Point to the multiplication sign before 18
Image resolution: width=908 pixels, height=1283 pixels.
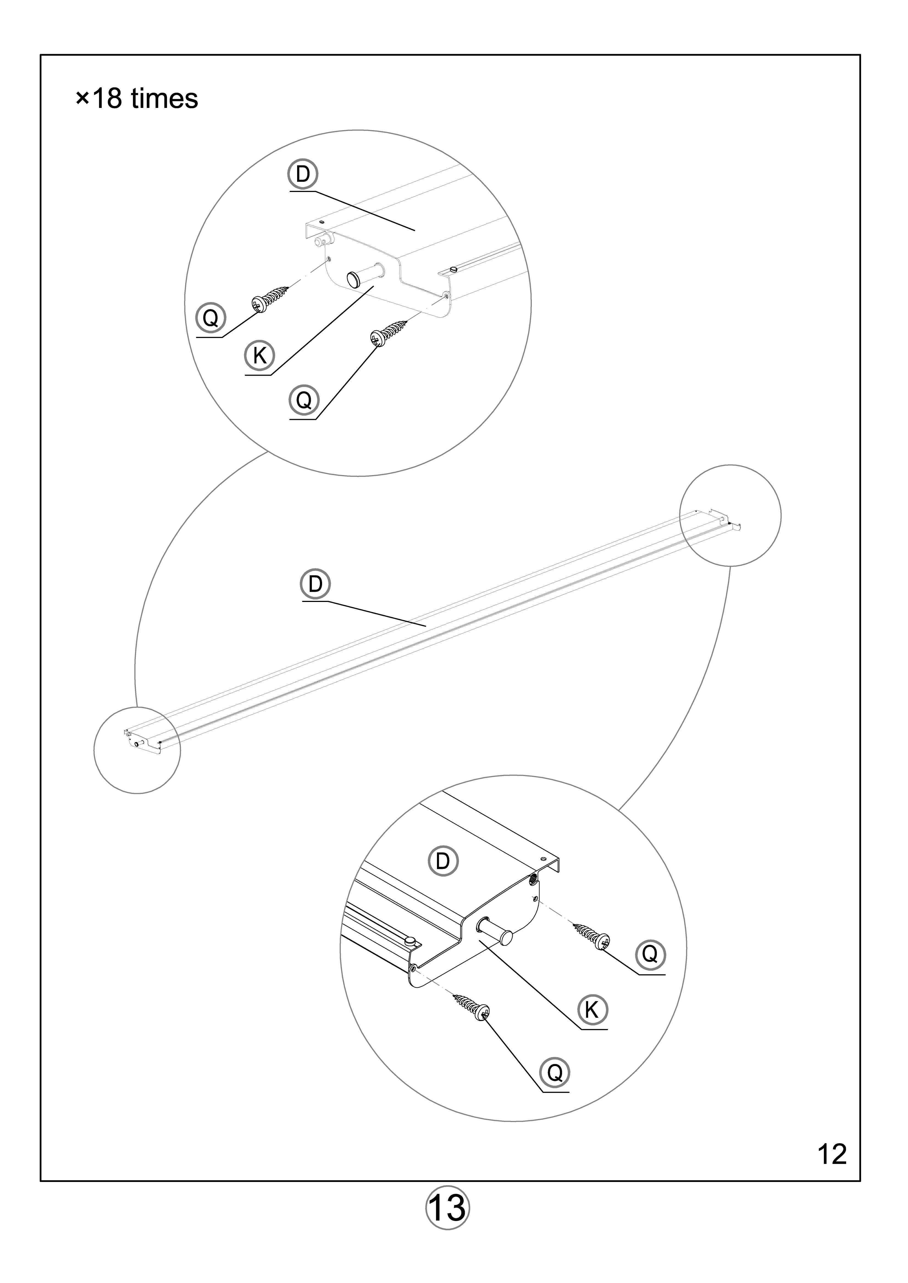[82, 99]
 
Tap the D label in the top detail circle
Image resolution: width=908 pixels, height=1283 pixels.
[303, 174]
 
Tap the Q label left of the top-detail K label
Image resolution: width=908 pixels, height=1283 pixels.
[210, 318]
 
